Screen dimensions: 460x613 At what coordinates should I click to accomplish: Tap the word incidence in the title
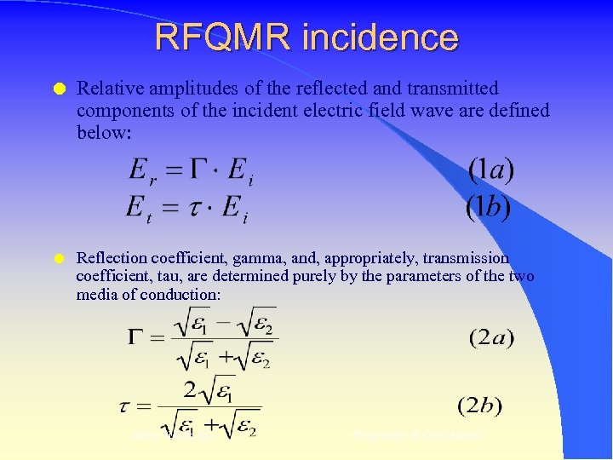[x=380, y=37]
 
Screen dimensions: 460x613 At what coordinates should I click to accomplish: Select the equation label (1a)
[x=491, y=170]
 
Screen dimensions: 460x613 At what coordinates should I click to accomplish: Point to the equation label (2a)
[x=491, y=338]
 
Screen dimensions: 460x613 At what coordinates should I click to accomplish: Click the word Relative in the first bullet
[x=106, y=89]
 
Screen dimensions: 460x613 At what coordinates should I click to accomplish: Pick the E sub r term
[x=139, y=173]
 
